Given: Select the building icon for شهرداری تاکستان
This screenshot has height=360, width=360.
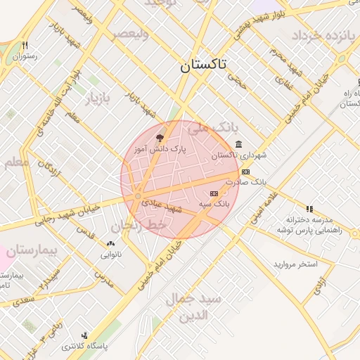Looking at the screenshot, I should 239,145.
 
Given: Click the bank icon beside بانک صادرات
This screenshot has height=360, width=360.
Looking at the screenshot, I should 245,172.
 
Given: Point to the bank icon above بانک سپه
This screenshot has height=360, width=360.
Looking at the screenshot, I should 214,193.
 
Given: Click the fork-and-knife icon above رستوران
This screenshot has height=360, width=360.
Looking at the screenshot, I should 25,44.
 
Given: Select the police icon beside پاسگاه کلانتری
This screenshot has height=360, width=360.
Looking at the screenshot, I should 85,335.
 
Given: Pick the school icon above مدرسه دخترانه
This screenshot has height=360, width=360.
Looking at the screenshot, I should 309,209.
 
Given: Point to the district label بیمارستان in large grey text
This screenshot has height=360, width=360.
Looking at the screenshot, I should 31,250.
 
